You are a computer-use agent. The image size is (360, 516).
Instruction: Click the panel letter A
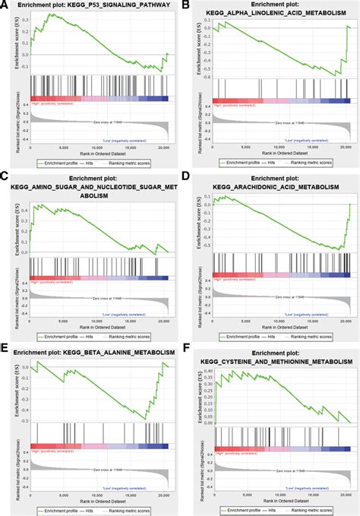point(6,6)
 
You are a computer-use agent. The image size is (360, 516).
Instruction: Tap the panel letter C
point(6,176)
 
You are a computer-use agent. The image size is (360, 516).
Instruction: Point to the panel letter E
point(6,347)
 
